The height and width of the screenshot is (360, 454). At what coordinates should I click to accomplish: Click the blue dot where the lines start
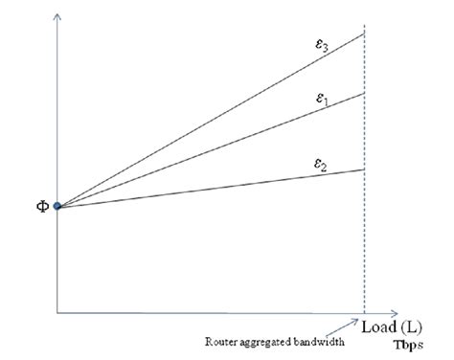57,206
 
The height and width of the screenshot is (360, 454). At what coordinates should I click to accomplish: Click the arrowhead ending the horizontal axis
396,312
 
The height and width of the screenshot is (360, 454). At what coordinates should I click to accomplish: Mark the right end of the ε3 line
364,34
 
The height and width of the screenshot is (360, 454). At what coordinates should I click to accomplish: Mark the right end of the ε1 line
364,93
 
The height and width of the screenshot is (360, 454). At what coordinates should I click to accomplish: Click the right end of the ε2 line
364,169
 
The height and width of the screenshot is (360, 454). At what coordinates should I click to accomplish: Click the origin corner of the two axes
58,312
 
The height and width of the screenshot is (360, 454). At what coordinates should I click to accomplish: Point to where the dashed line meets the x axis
364,312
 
